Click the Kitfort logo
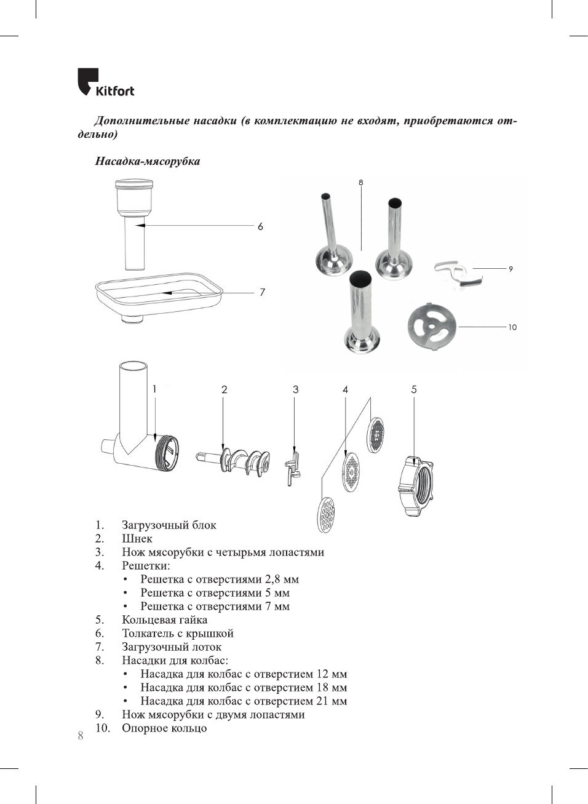(x=105, y=82)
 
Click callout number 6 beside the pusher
(x=260, y=226)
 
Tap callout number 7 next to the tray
(x=262, y=292)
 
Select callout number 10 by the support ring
(x=512, y=327)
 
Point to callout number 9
(x=511, y=269)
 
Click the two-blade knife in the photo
(x=458, y=274)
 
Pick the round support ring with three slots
(x=432, y=325)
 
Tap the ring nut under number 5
(x=416, y=487)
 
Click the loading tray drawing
(x=159, y=295)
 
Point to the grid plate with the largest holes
(x=326, y=514)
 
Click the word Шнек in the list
(x=137, y=538)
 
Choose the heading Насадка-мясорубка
(x=148, y=161)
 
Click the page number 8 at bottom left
(x=81, y=736)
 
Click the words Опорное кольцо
(x=164, y=728)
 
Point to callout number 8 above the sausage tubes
(x=361, y=182)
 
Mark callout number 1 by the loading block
(x=154, y=389)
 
